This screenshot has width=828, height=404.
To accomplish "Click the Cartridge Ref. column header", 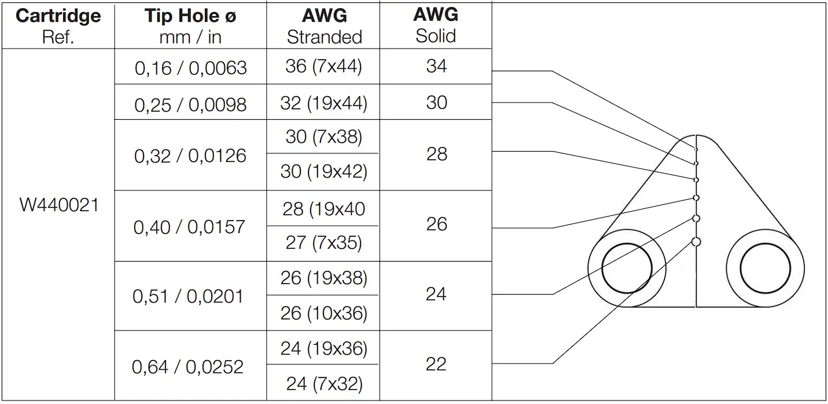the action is [58, 26].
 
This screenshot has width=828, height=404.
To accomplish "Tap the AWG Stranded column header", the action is [324, 26].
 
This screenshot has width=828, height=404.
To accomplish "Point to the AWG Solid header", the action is [436, 25].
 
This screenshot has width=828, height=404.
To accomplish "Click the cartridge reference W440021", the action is [59, 205].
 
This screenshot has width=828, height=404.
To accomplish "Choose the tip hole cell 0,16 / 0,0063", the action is [190, 68].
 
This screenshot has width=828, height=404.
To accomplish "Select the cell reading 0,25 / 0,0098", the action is [190, 105].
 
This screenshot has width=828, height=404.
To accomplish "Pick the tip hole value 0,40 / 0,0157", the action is [189, 226].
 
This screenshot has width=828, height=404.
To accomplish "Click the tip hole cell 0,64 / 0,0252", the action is [187, 367].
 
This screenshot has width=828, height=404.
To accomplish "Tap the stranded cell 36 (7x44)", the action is [323, 67].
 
